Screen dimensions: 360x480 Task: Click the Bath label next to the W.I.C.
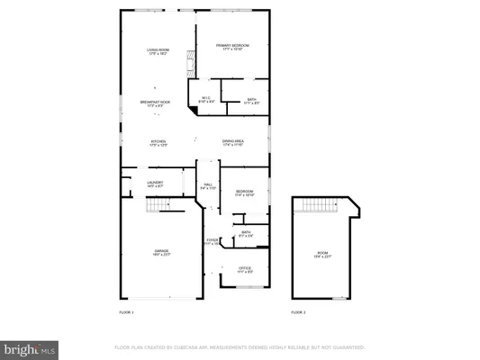click(252, 101)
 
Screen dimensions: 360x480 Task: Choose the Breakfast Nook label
click(158, 104)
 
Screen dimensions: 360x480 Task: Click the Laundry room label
click(155, 184)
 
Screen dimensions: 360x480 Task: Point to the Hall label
click(208, 186)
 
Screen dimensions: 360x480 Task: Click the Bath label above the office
click(245, 234)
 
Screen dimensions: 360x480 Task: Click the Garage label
click(161, 252)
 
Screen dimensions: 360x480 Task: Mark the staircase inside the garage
click(158, 207)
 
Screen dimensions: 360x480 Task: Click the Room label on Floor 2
click(323, 255)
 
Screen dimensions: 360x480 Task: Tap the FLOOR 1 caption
click(126, 312)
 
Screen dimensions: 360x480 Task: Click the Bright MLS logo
click(30, 346)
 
